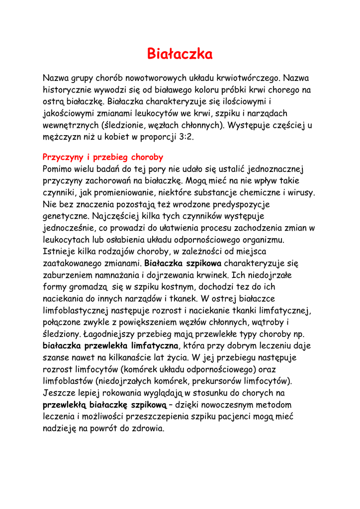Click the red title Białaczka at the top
tap(180, 54)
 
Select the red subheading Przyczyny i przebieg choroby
tap(103, 157)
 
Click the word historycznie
tap(68, 90)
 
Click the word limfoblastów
tap(68, 381)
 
